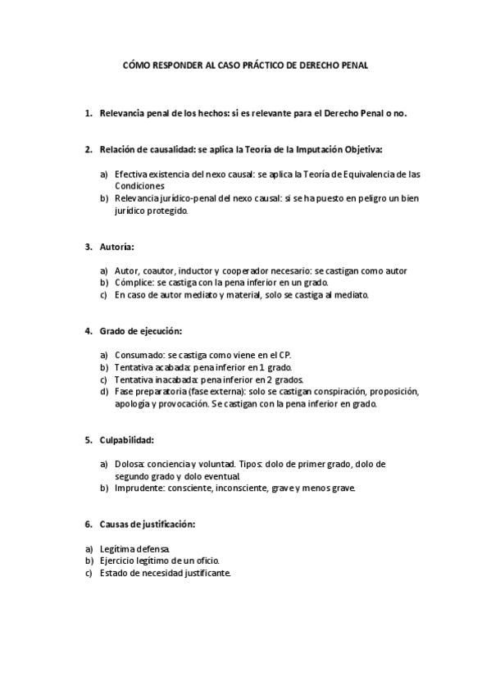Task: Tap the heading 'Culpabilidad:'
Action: coord(126,439)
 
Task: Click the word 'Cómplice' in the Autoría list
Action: coord(134,283)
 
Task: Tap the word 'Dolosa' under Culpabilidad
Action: coord(130,464)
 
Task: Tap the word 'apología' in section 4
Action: coord(134,404)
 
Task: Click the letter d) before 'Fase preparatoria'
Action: coord(103,392)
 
